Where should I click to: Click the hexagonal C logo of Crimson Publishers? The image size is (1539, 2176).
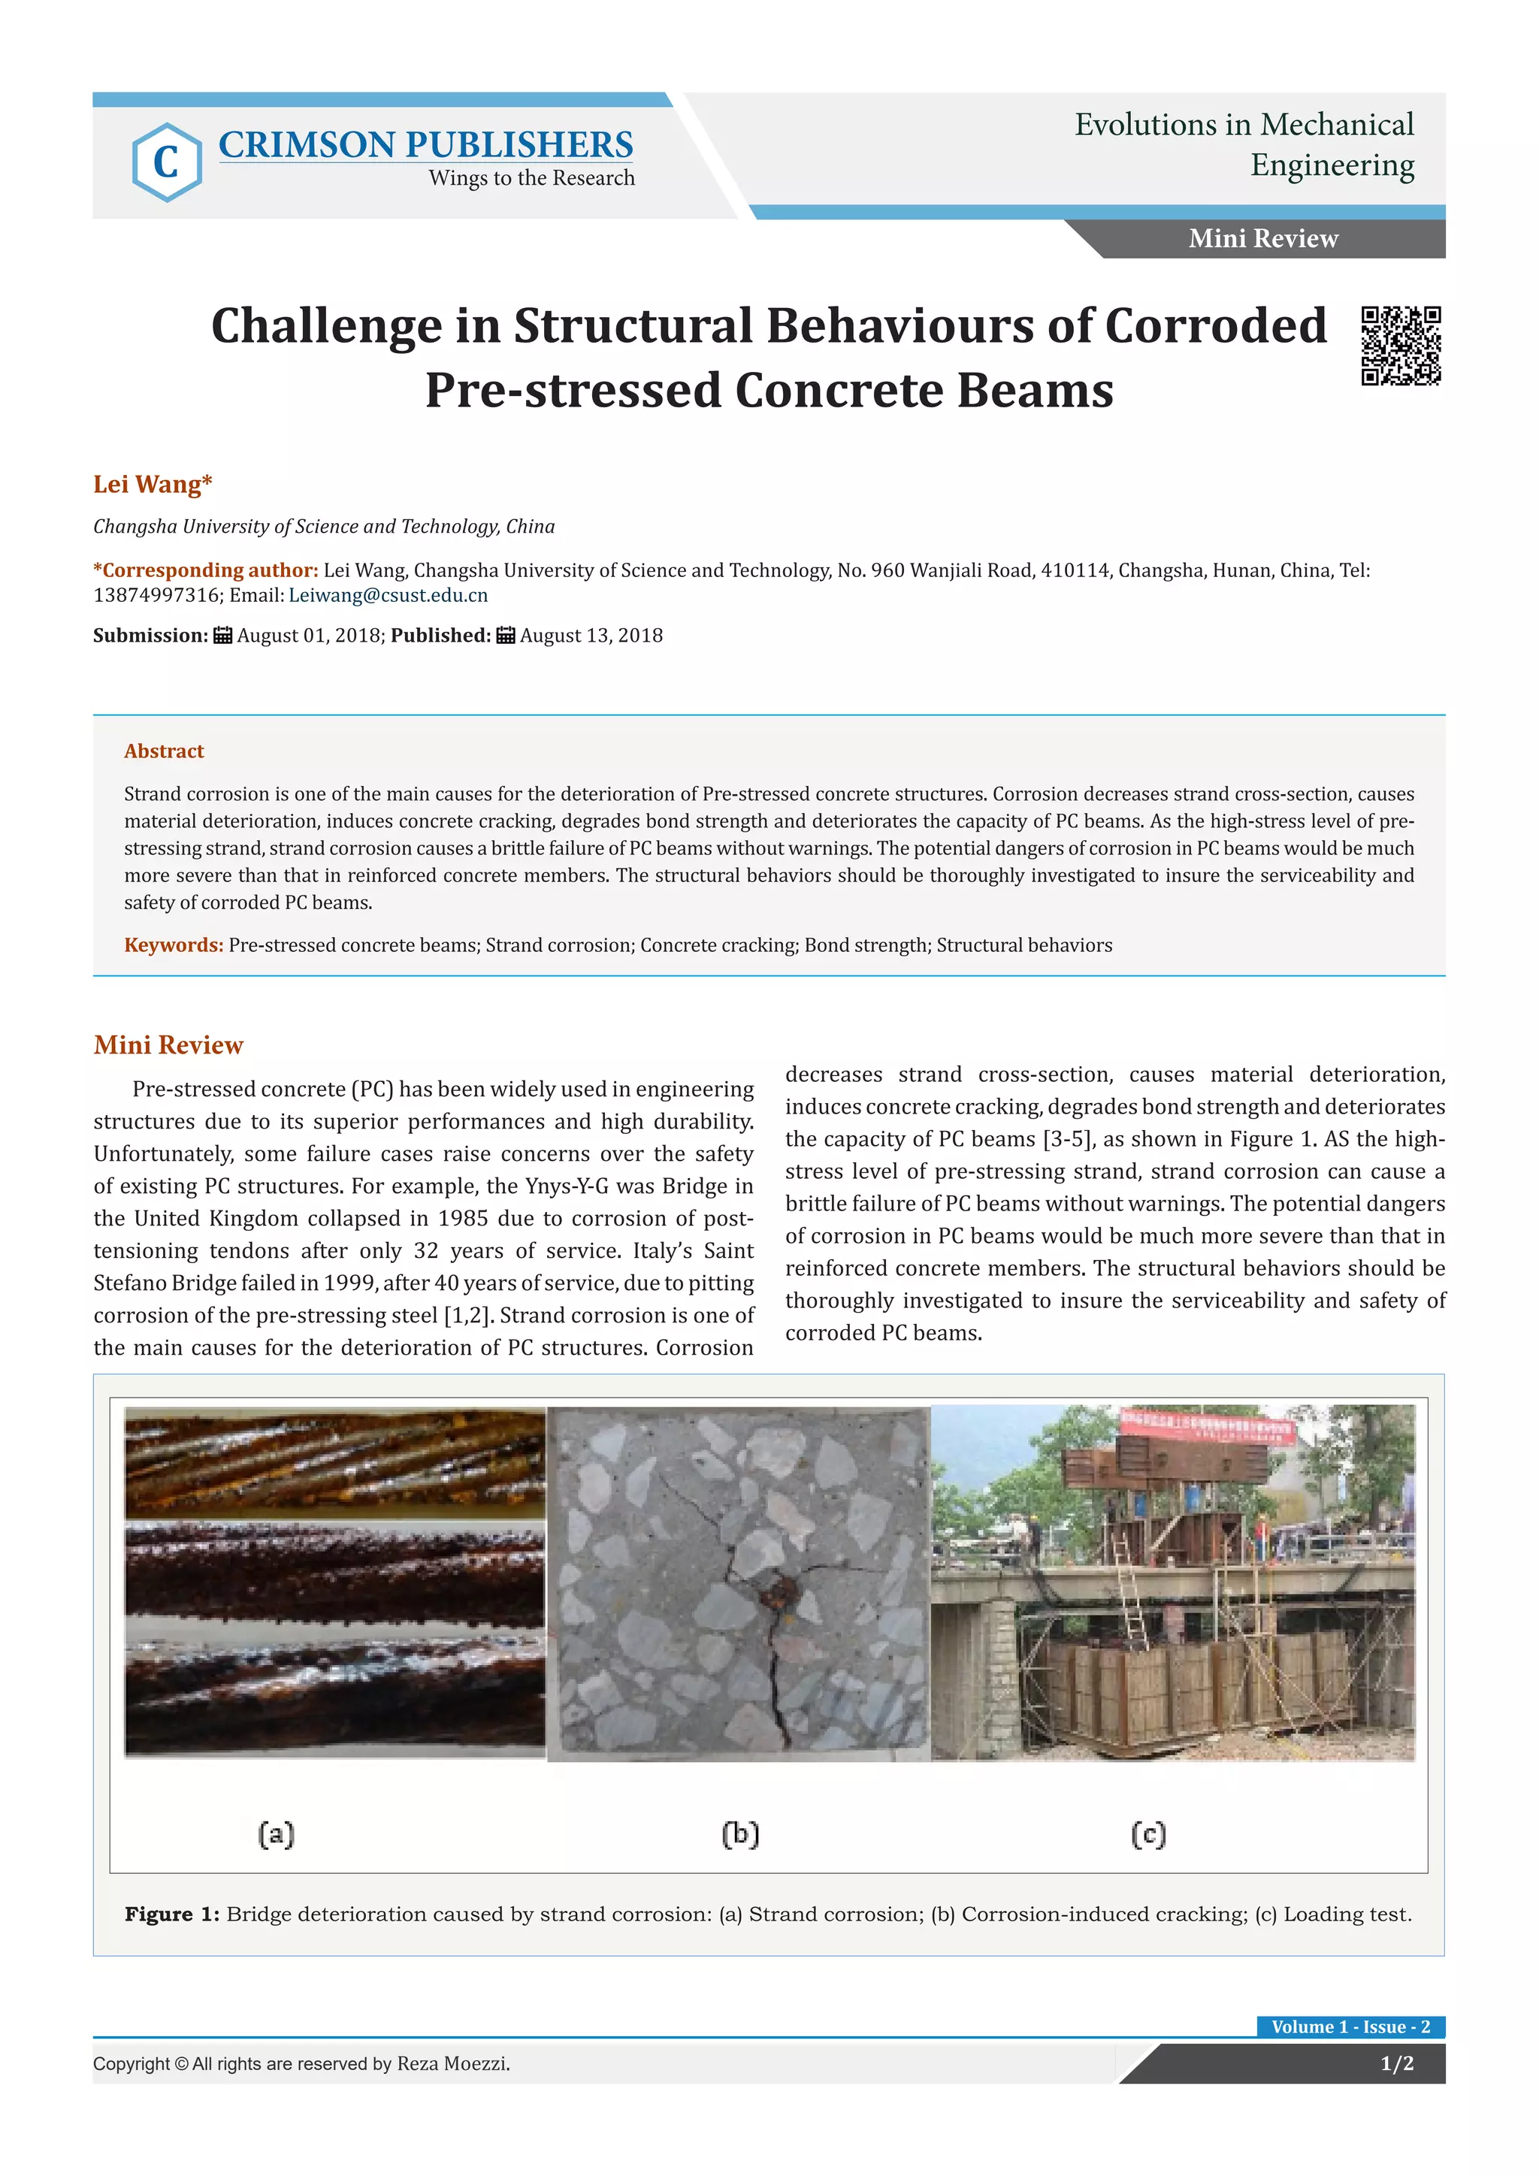pos(167,162)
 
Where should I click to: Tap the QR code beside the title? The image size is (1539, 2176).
pos(1401,346)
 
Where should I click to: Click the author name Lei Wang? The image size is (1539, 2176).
pos(152,485)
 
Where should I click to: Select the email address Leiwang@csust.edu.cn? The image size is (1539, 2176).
pos(389,595)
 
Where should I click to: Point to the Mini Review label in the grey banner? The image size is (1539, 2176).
pos(1263,239)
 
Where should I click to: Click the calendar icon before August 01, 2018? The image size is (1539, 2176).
pos(222,635)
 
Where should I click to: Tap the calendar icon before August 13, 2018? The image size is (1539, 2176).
pos(506,635)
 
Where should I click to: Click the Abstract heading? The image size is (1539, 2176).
pos(164,751)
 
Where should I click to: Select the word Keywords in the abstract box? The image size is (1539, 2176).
pos(174,945)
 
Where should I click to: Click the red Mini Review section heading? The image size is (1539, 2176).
pos(168,1044)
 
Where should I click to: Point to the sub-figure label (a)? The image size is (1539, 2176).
pos(276,1835)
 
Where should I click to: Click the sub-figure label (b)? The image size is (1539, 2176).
pos(740,1835)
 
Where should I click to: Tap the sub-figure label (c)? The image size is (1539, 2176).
pos(1147,1835)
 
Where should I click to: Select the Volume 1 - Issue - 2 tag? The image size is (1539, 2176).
pos(1350,2026)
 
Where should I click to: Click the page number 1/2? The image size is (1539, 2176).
pos(1397,2063)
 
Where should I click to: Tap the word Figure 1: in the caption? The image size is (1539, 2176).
pos(171,1915)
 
